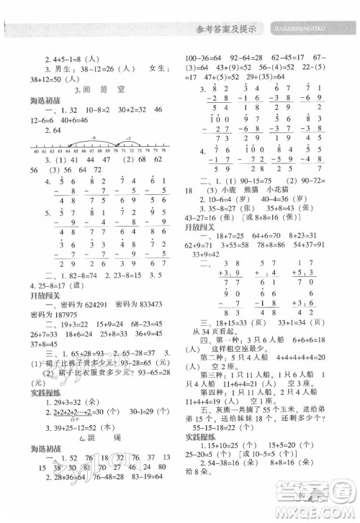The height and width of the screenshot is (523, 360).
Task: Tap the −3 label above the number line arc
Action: click(x=127, y=137)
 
